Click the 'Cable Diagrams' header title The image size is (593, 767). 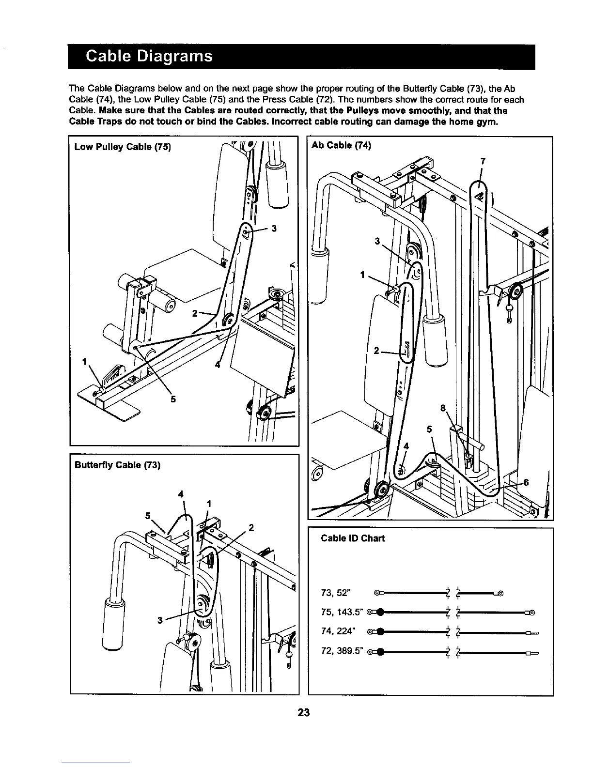pos(149,57)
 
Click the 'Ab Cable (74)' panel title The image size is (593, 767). pos(341,145)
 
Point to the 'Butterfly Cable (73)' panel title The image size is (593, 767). pos(117,465)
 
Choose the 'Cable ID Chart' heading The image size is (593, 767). pos(353,538)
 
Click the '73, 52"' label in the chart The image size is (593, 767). pos(339,593)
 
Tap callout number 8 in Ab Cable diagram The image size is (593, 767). pos(443,408)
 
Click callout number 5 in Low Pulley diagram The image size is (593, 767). pos(173,399)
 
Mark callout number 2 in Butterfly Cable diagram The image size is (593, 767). pos(251,527)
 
